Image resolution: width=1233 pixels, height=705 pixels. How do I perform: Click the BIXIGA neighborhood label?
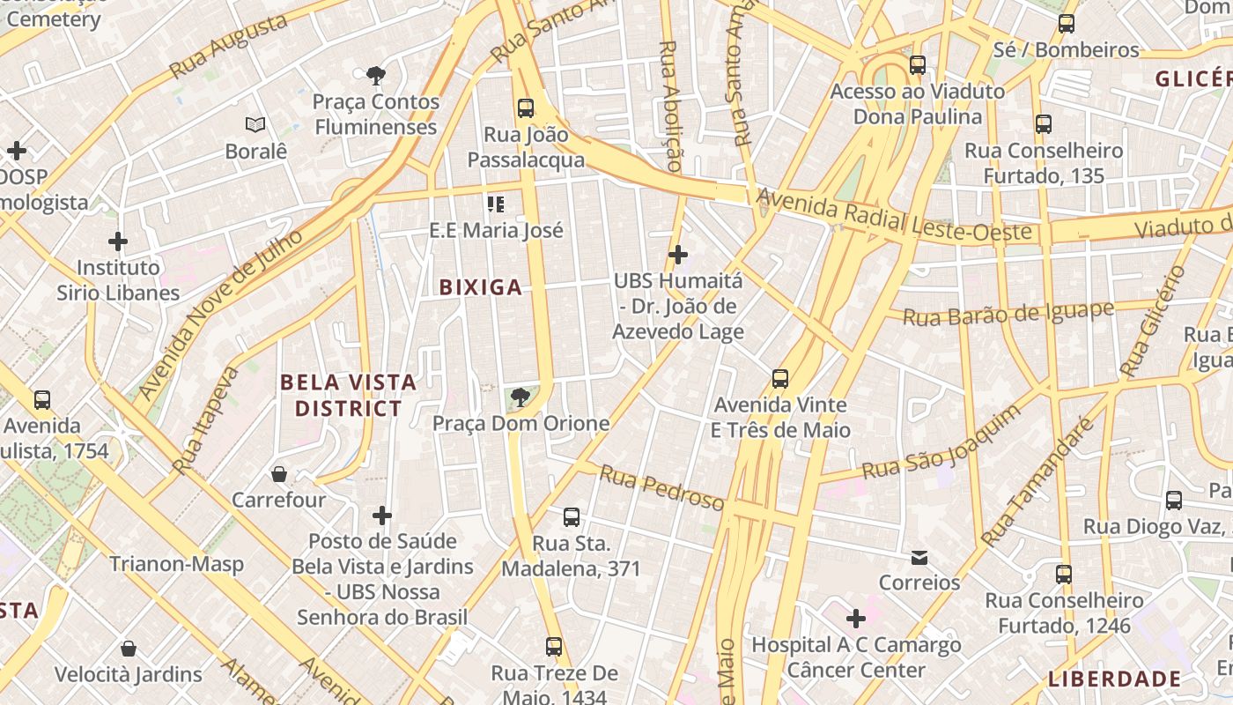480,287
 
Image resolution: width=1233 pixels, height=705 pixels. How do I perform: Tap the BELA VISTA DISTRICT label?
348,396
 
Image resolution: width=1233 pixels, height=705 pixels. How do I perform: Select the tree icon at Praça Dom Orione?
521,397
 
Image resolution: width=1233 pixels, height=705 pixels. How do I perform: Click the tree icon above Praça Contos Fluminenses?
376,75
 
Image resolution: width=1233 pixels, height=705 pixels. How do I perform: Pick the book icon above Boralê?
255,125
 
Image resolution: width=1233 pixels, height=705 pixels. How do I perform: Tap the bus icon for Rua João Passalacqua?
526,108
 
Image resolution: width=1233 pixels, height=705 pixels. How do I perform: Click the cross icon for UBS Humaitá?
677,255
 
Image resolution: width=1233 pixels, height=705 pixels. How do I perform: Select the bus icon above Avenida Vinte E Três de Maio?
780,379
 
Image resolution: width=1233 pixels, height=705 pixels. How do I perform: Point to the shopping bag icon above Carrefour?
279,474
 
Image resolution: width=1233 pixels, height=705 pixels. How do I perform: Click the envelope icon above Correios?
919,557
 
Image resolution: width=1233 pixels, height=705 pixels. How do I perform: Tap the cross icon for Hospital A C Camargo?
855,619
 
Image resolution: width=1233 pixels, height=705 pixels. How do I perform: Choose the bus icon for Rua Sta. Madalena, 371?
572,517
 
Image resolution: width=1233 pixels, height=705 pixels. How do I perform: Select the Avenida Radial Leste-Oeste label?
893,214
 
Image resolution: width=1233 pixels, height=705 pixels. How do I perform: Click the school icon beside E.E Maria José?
496,204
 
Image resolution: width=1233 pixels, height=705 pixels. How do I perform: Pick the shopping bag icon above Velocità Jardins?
129,649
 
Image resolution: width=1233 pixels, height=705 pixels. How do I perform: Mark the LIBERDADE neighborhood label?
1114,679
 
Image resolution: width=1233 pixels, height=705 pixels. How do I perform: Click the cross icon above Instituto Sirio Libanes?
118,241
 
